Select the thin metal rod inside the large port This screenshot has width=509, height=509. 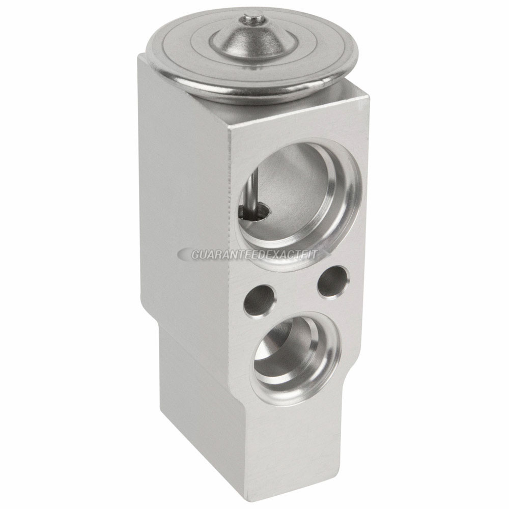(251, 191)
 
